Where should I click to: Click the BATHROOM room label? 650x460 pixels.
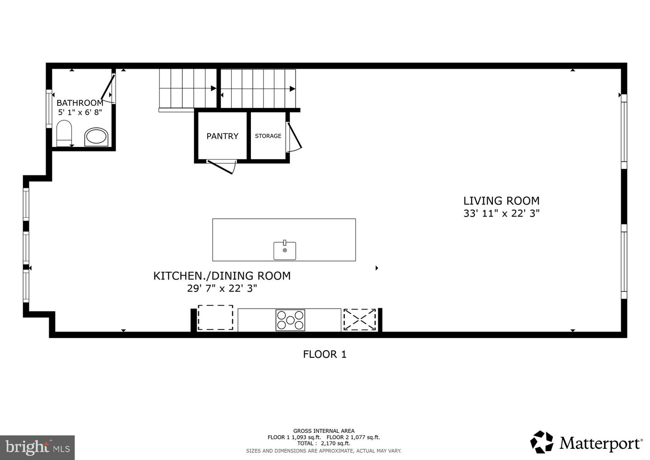click(x=80, y=103)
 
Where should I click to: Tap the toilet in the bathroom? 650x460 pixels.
click(x=64, y=133)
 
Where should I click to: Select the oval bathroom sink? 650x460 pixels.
click(x=97, y=136)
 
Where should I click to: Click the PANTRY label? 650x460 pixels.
click(x=222, y=136)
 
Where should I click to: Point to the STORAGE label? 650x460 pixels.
click(x=268, y=136)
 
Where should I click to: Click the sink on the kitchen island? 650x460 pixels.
click(x=285, y=250)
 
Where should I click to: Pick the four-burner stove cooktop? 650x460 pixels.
click(x=290, y=320)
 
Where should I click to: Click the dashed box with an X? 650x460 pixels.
click(x=360, y=320)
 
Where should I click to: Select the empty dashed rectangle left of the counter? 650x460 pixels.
click(x=215, y=318)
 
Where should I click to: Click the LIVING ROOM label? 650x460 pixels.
click(x=501, y=201)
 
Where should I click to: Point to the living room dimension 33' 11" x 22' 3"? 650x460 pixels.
click(x=501, y=213)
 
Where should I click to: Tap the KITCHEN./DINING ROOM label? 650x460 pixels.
click(x=222, y=276)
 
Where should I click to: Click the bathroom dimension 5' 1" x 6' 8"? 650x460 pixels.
click(x=80, y=113)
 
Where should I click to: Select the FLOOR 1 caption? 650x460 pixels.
click(x=325, y=354)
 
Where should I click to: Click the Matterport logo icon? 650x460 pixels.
click(x=542, y=442)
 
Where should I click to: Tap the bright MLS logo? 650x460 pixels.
click(x=37, y=447)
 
